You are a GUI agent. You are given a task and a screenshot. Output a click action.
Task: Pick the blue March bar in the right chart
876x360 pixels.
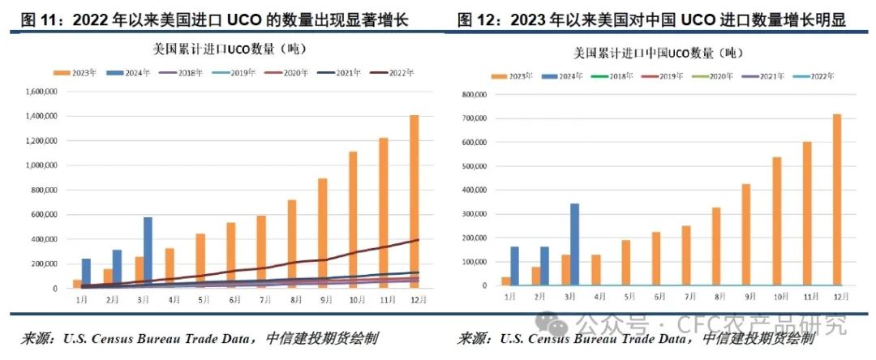(574, 244)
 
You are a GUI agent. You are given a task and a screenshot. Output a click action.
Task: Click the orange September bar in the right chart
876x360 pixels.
(746, 234)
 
